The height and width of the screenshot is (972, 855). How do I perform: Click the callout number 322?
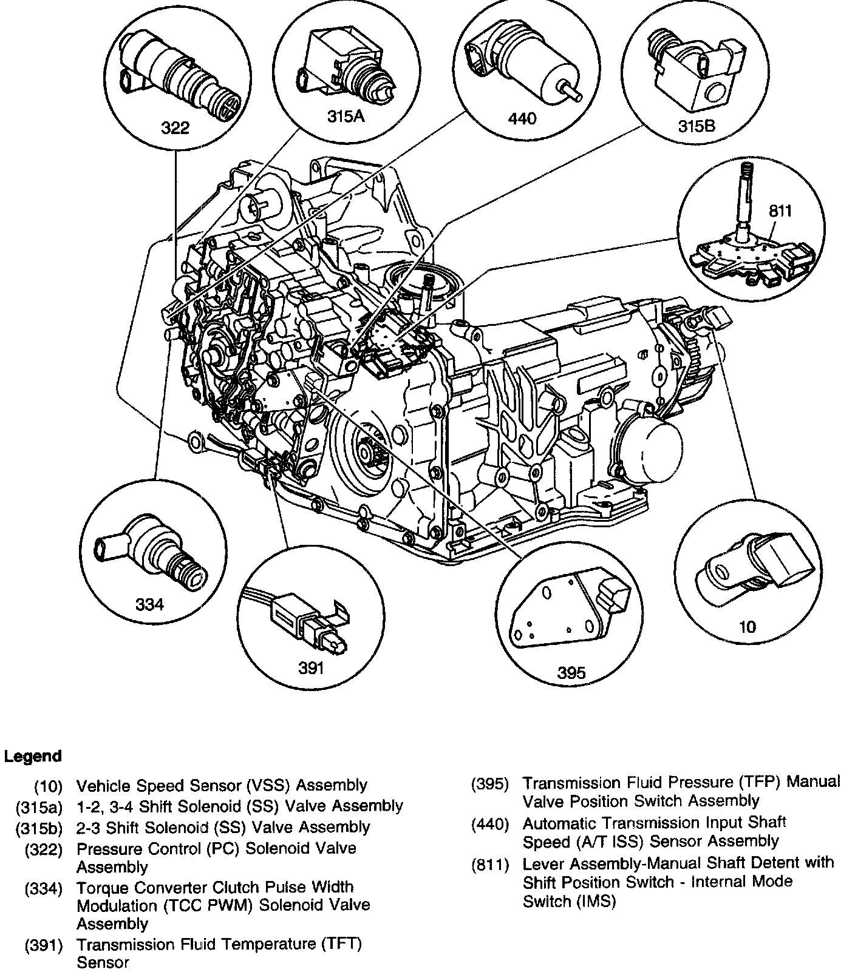[175, 127]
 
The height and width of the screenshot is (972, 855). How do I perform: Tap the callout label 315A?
[346, 116]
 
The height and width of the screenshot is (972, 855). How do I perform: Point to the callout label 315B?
[697, 126]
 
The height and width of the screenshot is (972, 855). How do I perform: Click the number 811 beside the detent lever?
[780, 211]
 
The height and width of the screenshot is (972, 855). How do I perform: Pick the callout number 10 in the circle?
[748, 626]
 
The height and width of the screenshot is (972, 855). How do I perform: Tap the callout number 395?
[571, 672]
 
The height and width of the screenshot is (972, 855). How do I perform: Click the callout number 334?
[149, 604]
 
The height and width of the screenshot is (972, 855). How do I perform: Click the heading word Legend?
[33, 757]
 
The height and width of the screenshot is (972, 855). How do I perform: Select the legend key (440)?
[490, 825]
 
